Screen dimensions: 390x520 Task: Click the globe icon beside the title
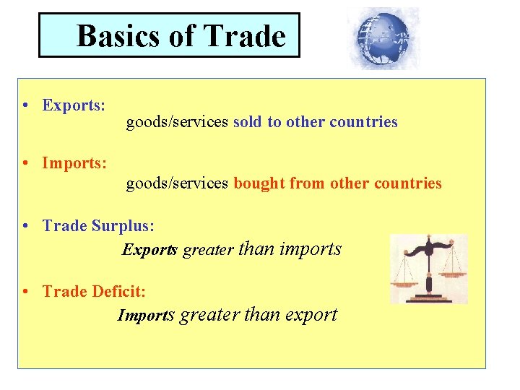click(x=383, y=38)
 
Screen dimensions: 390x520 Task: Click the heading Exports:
click(x=74, y=105)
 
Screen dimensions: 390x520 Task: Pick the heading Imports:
click(x=75, y=163)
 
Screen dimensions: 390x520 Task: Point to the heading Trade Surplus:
click(x=98, y=226)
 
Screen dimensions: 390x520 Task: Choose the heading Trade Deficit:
click(x=94, y=292)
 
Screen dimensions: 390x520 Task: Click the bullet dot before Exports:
click(x=25, y=105)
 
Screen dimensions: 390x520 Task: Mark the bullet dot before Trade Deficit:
click(x=25, y=292)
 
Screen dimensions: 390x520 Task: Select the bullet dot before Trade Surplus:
click(x=25, y=226)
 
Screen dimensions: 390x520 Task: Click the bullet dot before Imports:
click(x=25, y=163)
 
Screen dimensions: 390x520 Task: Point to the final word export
click(x=311, y=316)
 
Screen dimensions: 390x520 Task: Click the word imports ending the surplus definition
click(x=310, y=249)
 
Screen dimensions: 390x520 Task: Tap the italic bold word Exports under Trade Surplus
click(x=149, y=251)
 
